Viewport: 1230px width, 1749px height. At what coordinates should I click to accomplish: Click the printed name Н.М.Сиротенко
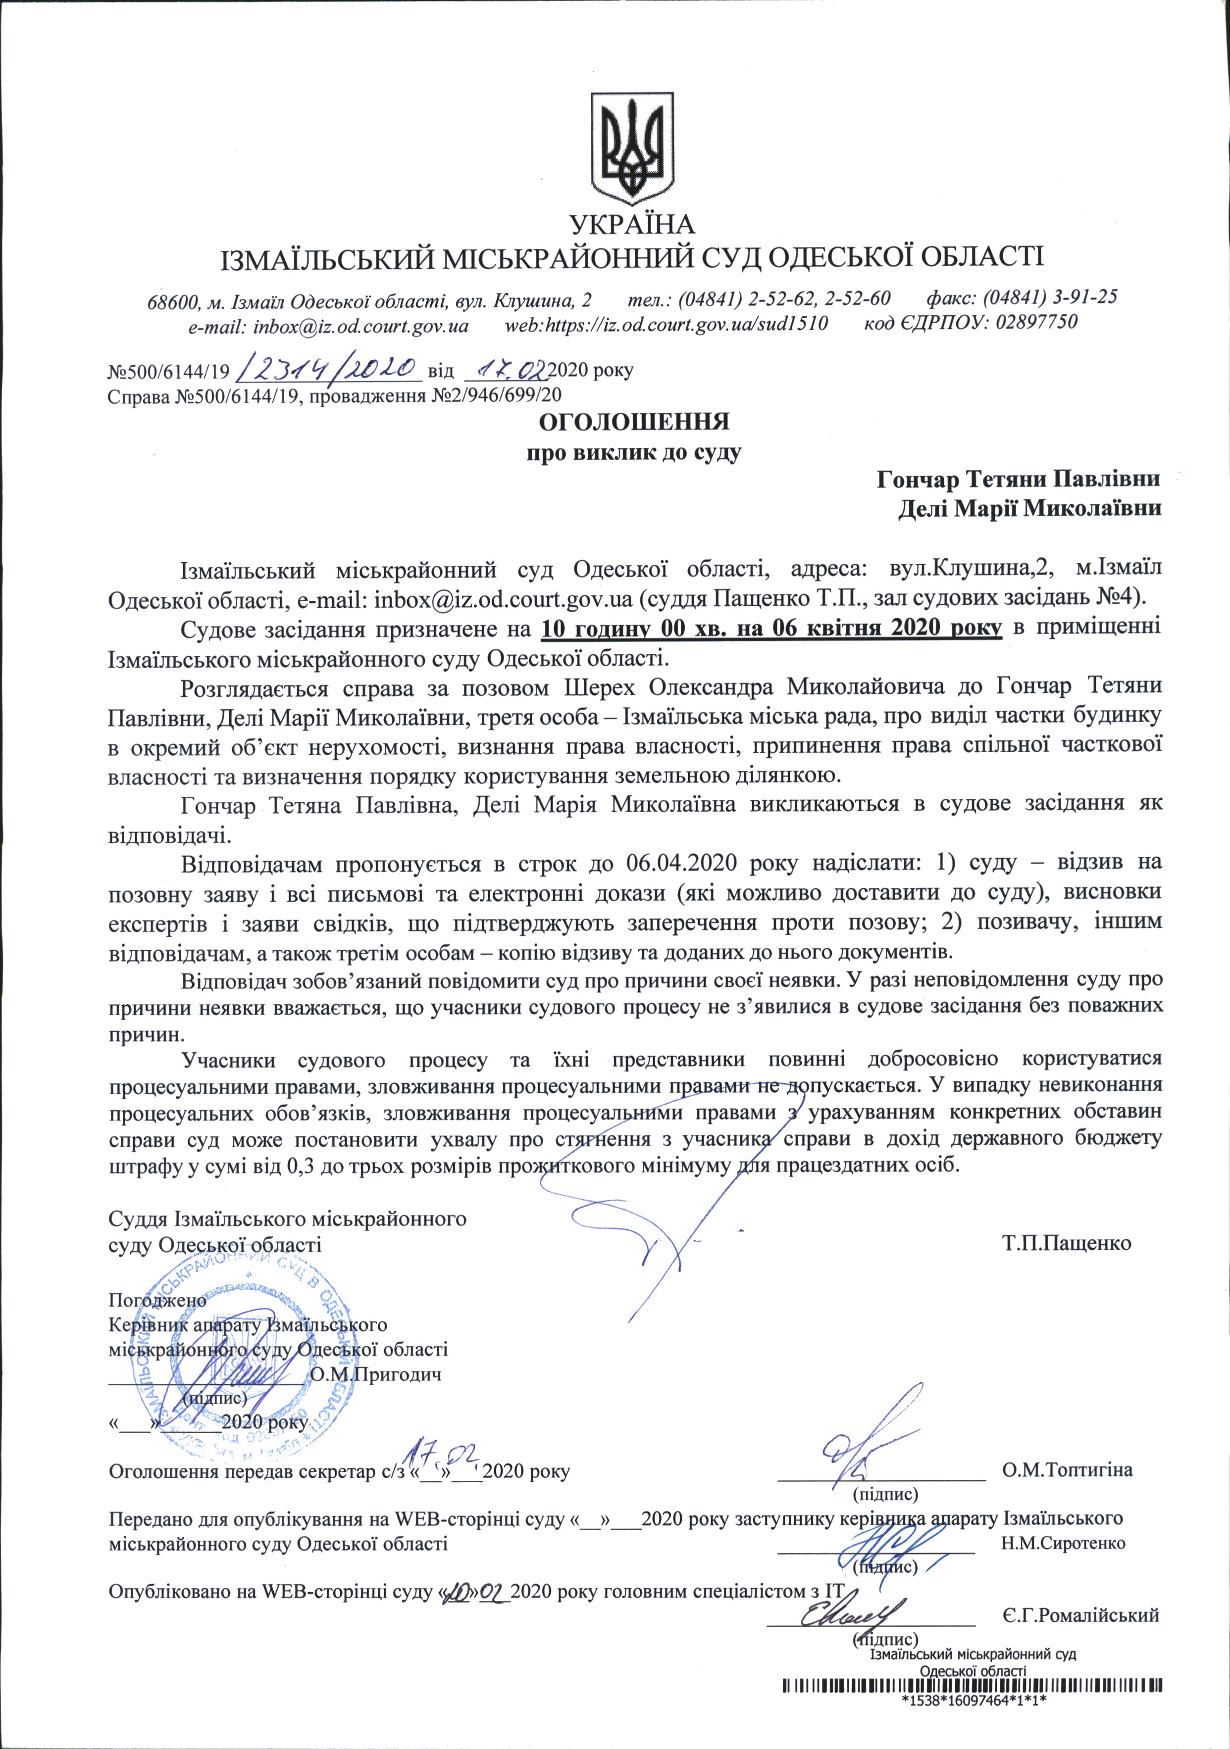1064,1543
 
